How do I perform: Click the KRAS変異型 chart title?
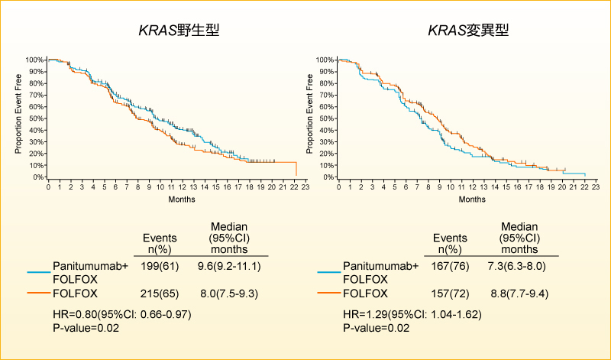tap(469, 31)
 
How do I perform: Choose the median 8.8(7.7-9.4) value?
tap(519, 293)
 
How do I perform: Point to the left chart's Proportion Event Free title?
tap(18, 118)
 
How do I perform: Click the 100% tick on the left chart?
tap(35, 60)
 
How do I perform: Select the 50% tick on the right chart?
tap(326, 118)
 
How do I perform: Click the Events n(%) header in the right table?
tap(451, 243)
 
